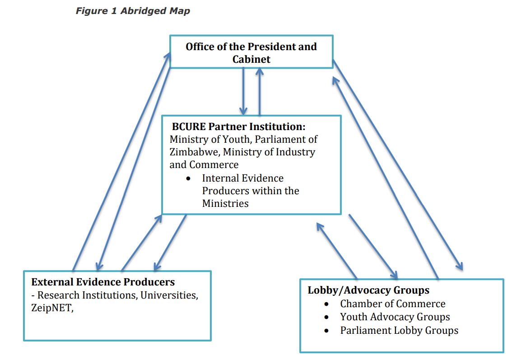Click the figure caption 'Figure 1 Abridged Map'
point(133,11)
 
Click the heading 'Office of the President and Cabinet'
point(251,52)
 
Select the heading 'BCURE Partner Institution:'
point(238,126)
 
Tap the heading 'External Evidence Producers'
point(103,282)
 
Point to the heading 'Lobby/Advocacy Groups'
point(368,290)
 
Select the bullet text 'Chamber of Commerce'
point(393,304)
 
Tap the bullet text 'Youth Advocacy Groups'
point(395,317)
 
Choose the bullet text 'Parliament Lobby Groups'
point(399,331)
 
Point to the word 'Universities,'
point(171,295)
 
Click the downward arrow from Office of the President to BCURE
point(244,90)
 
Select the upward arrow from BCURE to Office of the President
point(260,90)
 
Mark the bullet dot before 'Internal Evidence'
point(189,178)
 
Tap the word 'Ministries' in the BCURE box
point(225,203)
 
